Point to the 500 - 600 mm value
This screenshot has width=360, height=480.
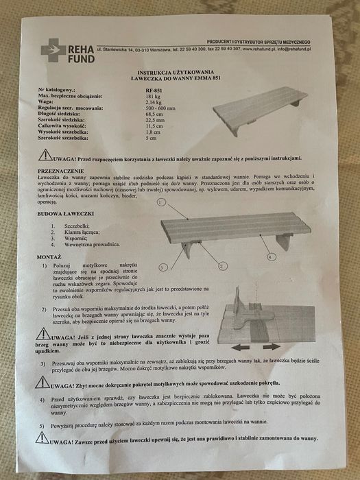[x=161, y=108]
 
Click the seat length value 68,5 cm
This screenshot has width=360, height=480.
[x=155, y=115]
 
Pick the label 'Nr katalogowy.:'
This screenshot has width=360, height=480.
[x=62, y=90]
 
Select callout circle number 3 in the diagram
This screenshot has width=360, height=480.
[x=163, y=265]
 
